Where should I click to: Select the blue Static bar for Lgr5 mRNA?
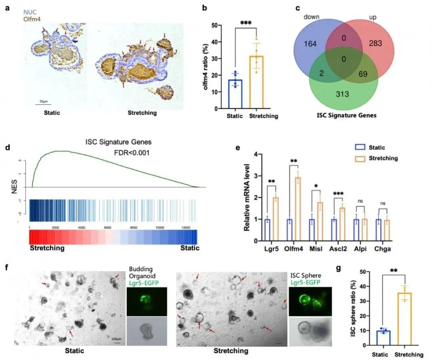pyautogui.click(x=267, y=230)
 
